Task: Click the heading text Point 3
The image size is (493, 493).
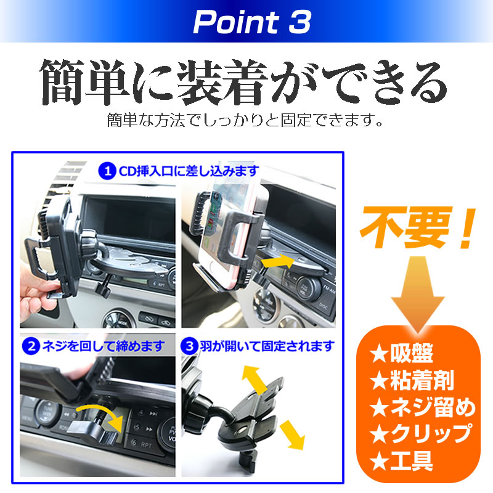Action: pyautogui.click(x=252, y=23)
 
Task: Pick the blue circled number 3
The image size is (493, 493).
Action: pyautogui.click(x=190, y=346)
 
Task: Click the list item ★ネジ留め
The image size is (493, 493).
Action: pyautogui.click(x=423, y=408)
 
